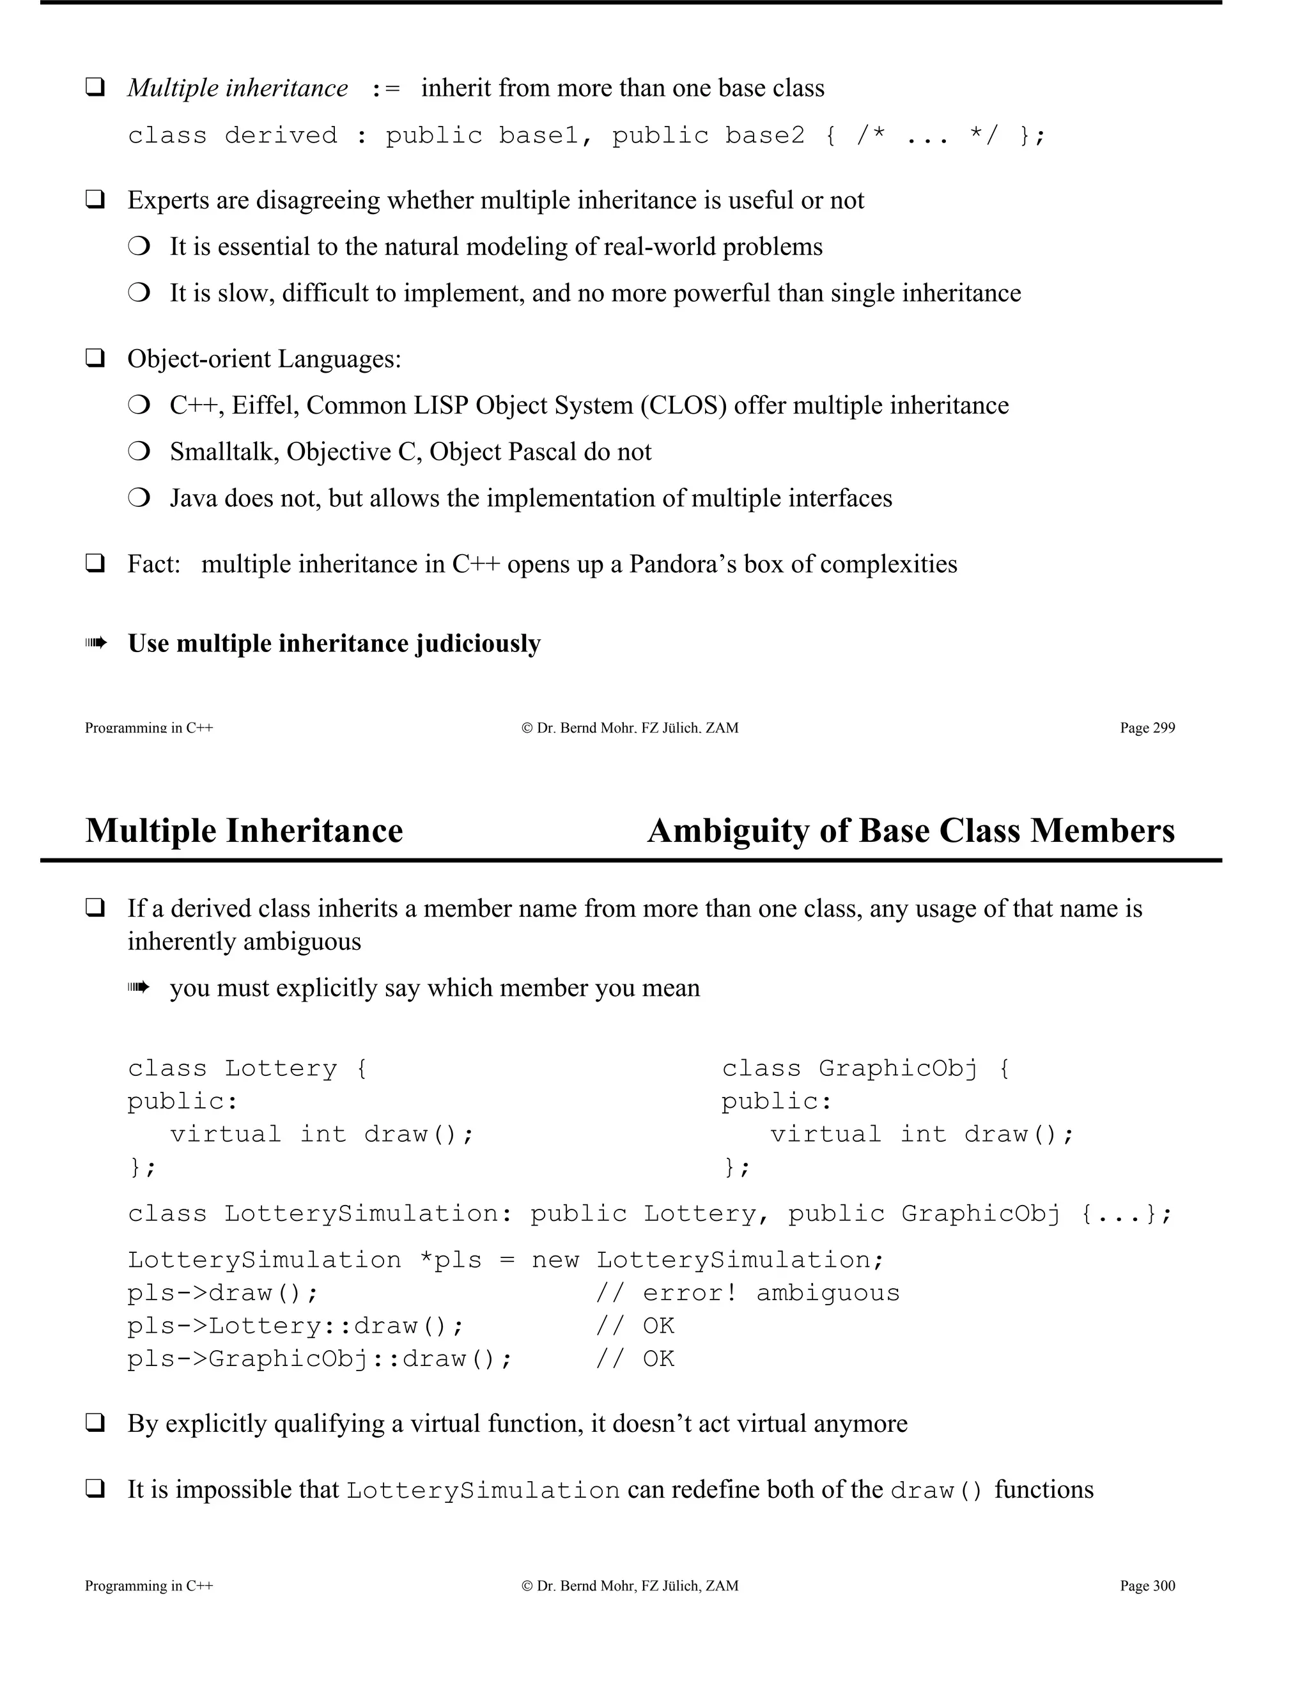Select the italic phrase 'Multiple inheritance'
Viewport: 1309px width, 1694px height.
tap(237, 88)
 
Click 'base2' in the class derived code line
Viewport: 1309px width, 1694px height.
tap(764, 136)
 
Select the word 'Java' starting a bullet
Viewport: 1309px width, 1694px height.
tap(193, 498)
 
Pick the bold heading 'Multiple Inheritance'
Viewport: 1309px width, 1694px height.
tap(244, 831)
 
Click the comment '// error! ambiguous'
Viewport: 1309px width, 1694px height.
tap(748, 1293)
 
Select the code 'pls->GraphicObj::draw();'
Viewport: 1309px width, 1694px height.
tap(320, 1359)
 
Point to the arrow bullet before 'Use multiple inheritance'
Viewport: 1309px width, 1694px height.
tap(95, 643)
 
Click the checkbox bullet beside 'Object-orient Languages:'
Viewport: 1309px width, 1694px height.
tap(95, 359)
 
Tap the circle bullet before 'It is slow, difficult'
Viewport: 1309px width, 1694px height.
tap(139, 293)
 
